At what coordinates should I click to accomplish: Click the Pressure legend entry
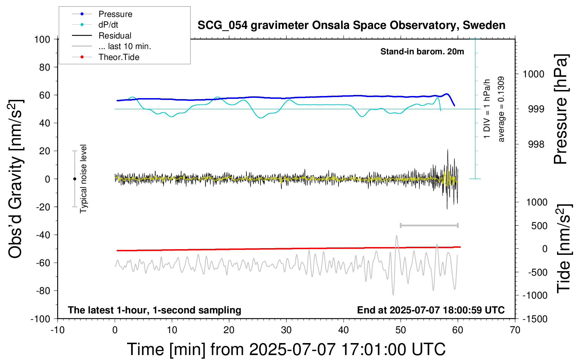tap(102, 14)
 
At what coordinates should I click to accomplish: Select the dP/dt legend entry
tap(95, 25)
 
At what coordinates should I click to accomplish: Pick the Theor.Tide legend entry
tap(106, 57)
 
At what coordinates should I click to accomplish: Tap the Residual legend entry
tap(102, 36)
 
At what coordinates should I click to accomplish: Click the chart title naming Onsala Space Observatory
tap(351, 25)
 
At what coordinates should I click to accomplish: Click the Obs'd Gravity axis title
tap(16, 179)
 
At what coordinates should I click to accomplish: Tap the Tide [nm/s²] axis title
tap(564, 249)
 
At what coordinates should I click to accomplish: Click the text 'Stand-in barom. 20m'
tap(422, 52)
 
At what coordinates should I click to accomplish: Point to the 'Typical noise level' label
tap(83, 179)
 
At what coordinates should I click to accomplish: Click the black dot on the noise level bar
tap(74, 179)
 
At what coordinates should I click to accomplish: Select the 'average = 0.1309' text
tap(501, 109)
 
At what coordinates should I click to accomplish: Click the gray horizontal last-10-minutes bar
tap(429, 226)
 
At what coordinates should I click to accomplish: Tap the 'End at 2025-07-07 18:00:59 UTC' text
tap(431, 310)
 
